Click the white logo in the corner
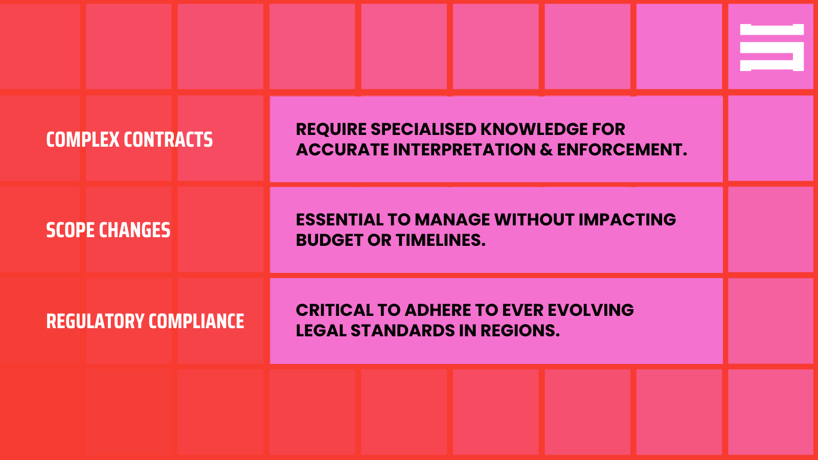[771, 47]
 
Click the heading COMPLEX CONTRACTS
[129, 140]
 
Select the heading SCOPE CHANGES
[108, 230]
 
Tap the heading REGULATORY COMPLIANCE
[145, 321]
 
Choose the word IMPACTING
[627, 220]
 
